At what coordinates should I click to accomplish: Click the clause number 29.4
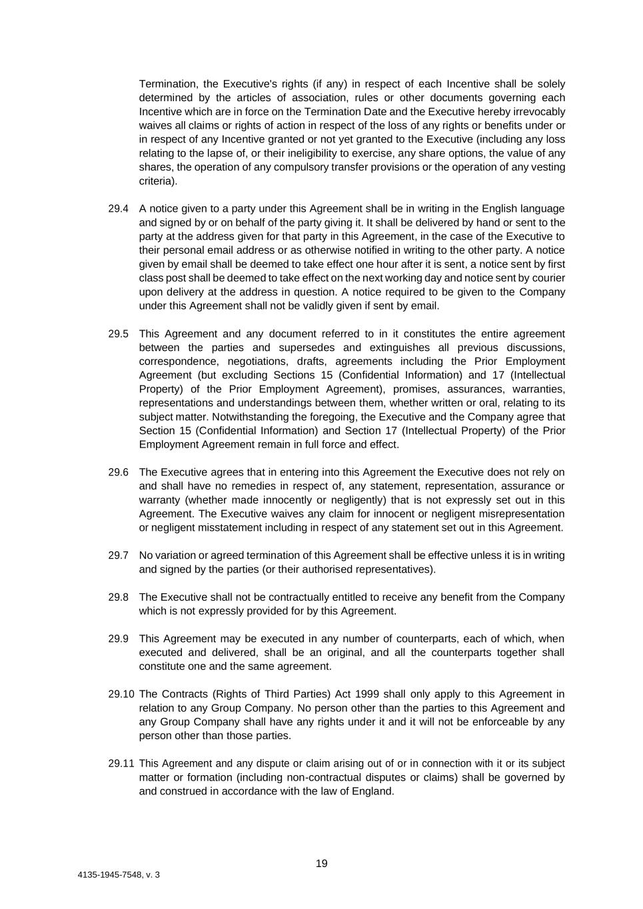[118, 208]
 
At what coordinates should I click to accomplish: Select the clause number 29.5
[118, 334]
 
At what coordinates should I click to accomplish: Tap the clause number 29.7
[118, 555]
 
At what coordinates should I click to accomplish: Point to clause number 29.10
[121, 694]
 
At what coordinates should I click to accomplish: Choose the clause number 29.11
[121, 763]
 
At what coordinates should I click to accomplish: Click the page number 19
[321, 864]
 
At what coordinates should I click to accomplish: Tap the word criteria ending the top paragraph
[157, 180]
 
